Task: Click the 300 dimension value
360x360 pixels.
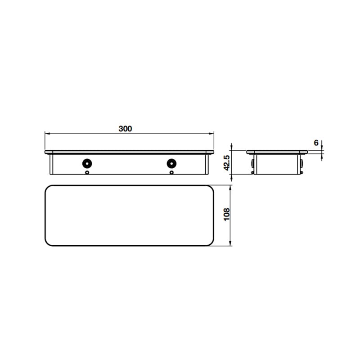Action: [125, 129]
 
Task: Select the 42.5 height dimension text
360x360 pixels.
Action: [227, 163]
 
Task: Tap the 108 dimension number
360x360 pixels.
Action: [227, 215]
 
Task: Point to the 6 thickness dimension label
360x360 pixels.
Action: [316, 143]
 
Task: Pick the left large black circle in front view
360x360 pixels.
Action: [87, 163]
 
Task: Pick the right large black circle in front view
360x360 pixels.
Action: [171, 163]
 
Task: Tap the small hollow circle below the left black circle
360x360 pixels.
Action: [87, 172]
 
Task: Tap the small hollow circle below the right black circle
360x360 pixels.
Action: [171, 172]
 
